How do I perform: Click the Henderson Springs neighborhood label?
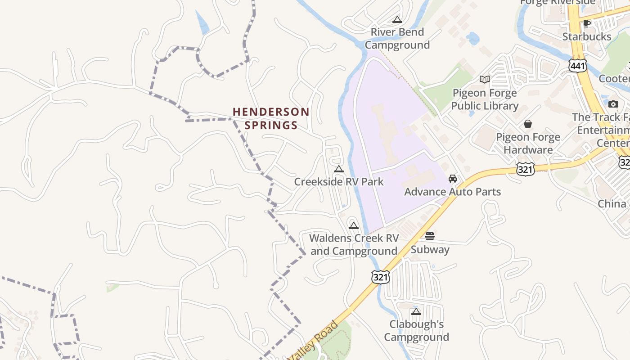point(271,118)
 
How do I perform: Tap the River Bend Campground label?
point(397,39)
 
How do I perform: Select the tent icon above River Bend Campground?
point(397,19)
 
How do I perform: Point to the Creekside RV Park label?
point(339,182)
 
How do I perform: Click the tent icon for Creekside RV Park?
point(339,169)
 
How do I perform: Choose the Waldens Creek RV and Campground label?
point(354,244)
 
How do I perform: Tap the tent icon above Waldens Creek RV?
point(354,225)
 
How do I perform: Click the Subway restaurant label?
point(430,250)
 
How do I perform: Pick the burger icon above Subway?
point(430,237)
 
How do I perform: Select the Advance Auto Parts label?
point(452,192)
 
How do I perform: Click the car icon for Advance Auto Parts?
point(453,179)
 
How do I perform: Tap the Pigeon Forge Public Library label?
point(485,99)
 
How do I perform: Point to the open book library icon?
point(485,80)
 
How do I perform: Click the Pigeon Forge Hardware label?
point(528,143)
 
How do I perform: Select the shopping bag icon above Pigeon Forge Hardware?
point(528,123)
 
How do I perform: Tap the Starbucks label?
point(587,36)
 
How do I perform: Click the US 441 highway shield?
point(577,66)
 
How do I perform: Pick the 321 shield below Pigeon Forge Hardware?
point(525,169)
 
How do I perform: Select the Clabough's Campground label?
point(416,331)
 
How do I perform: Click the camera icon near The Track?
point(613,104)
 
